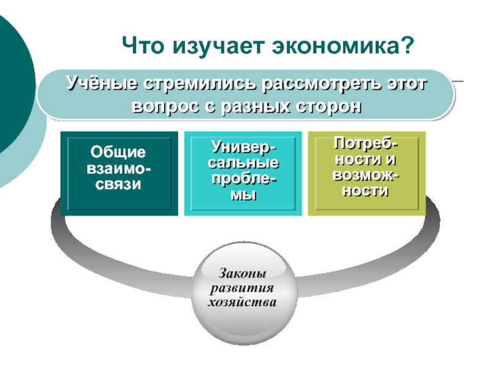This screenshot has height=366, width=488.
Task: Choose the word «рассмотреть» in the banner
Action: (321, 83)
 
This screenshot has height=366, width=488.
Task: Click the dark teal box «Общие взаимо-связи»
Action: (120, 173)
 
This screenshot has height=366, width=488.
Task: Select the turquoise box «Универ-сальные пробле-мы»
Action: (242, 173)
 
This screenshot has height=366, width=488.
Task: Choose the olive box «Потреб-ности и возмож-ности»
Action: (365, 173)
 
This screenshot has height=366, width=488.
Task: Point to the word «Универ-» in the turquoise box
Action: (243, 148)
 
